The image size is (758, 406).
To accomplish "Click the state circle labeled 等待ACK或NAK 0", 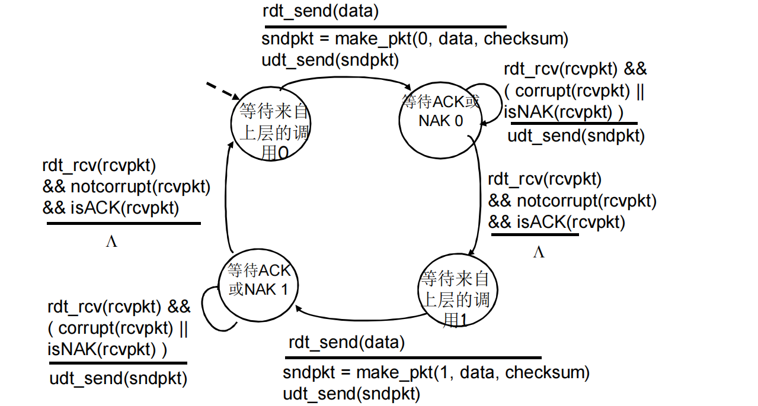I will click(x=440, y=119).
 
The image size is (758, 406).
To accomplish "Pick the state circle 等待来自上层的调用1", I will click(x=455, y=292).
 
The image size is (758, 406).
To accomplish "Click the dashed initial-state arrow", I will click(x=222, y=91).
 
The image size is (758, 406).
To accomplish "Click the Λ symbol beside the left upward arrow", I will click(x=111, y=242).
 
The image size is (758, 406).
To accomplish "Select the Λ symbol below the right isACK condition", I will click(x=538, y=253).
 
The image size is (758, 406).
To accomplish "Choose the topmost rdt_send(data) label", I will click(x=321, y=11).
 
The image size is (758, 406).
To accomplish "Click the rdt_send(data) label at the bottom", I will click(x=347, y=342).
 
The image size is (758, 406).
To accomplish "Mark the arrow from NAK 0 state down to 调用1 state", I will click(x=479, y=195).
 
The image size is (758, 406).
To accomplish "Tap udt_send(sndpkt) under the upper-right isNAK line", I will click(x=575, y=136).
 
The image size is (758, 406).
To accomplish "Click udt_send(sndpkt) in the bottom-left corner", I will click(x=118, y=379).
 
